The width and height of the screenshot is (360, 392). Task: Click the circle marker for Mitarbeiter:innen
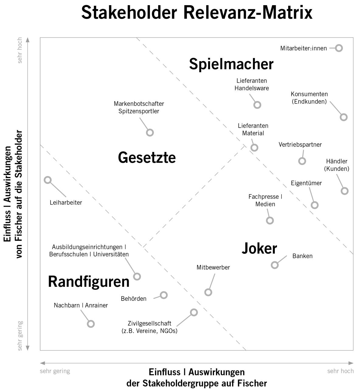click(x=339, y=48)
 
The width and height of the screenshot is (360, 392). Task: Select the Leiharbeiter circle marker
click(x=48, y=180)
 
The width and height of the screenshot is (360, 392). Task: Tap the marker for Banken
click(x=275, y=265)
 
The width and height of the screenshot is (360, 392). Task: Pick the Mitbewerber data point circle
click(x=208, y=292)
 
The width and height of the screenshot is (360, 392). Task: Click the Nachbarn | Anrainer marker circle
click(x=91, y=324)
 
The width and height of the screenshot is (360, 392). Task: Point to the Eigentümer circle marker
click(x=315, y=205)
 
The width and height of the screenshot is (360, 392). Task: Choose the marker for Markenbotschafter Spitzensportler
click(x=150, y=132)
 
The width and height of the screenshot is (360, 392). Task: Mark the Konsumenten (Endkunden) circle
click(x=344, y=117)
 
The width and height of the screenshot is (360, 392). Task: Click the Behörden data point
click(x=164, y=295)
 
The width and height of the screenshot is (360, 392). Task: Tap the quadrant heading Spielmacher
click(x=231, y=64)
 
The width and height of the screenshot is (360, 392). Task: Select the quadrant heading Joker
click(x=259, y=249)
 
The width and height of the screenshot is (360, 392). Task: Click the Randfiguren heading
click(x=89, y=282)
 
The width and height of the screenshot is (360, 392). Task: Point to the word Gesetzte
click(x=147, y=158)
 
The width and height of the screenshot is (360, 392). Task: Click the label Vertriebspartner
click(x=300, y=145)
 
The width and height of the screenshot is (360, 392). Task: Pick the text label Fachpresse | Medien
click(x=265, y=201)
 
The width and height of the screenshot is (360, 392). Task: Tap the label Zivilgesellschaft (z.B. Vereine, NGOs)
click(x=149, y=327)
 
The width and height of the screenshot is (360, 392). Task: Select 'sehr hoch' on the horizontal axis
click(x=341, y=371)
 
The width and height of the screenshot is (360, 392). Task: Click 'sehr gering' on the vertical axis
click(x=20, y=336)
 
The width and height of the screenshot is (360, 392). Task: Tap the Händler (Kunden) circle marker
click(x=344, y=191)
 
